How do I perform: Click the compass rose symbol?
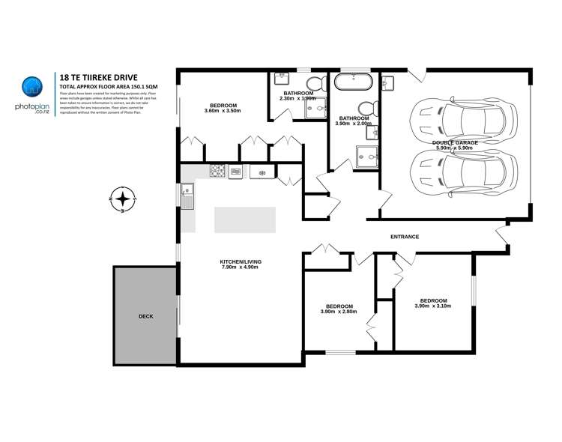click(x=122, y=199)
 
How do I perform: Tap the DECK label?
click(x=145, y=317)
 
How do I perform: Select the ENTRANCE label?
click(x=404, y=237)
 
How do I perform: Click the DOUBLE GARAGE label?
click(x=455, y=142)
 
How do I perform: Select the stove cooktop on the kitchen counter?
click(x=218, y=172)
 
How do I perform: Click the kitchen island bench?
click(x=244, y=220)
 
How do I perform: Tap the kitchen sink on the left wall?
click(x=187, y=198)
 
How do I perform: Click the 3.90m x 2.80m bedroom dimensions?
click(x=339, y=311)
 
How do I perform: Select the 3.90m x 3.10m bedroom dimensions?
click(x=432, y=306)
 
